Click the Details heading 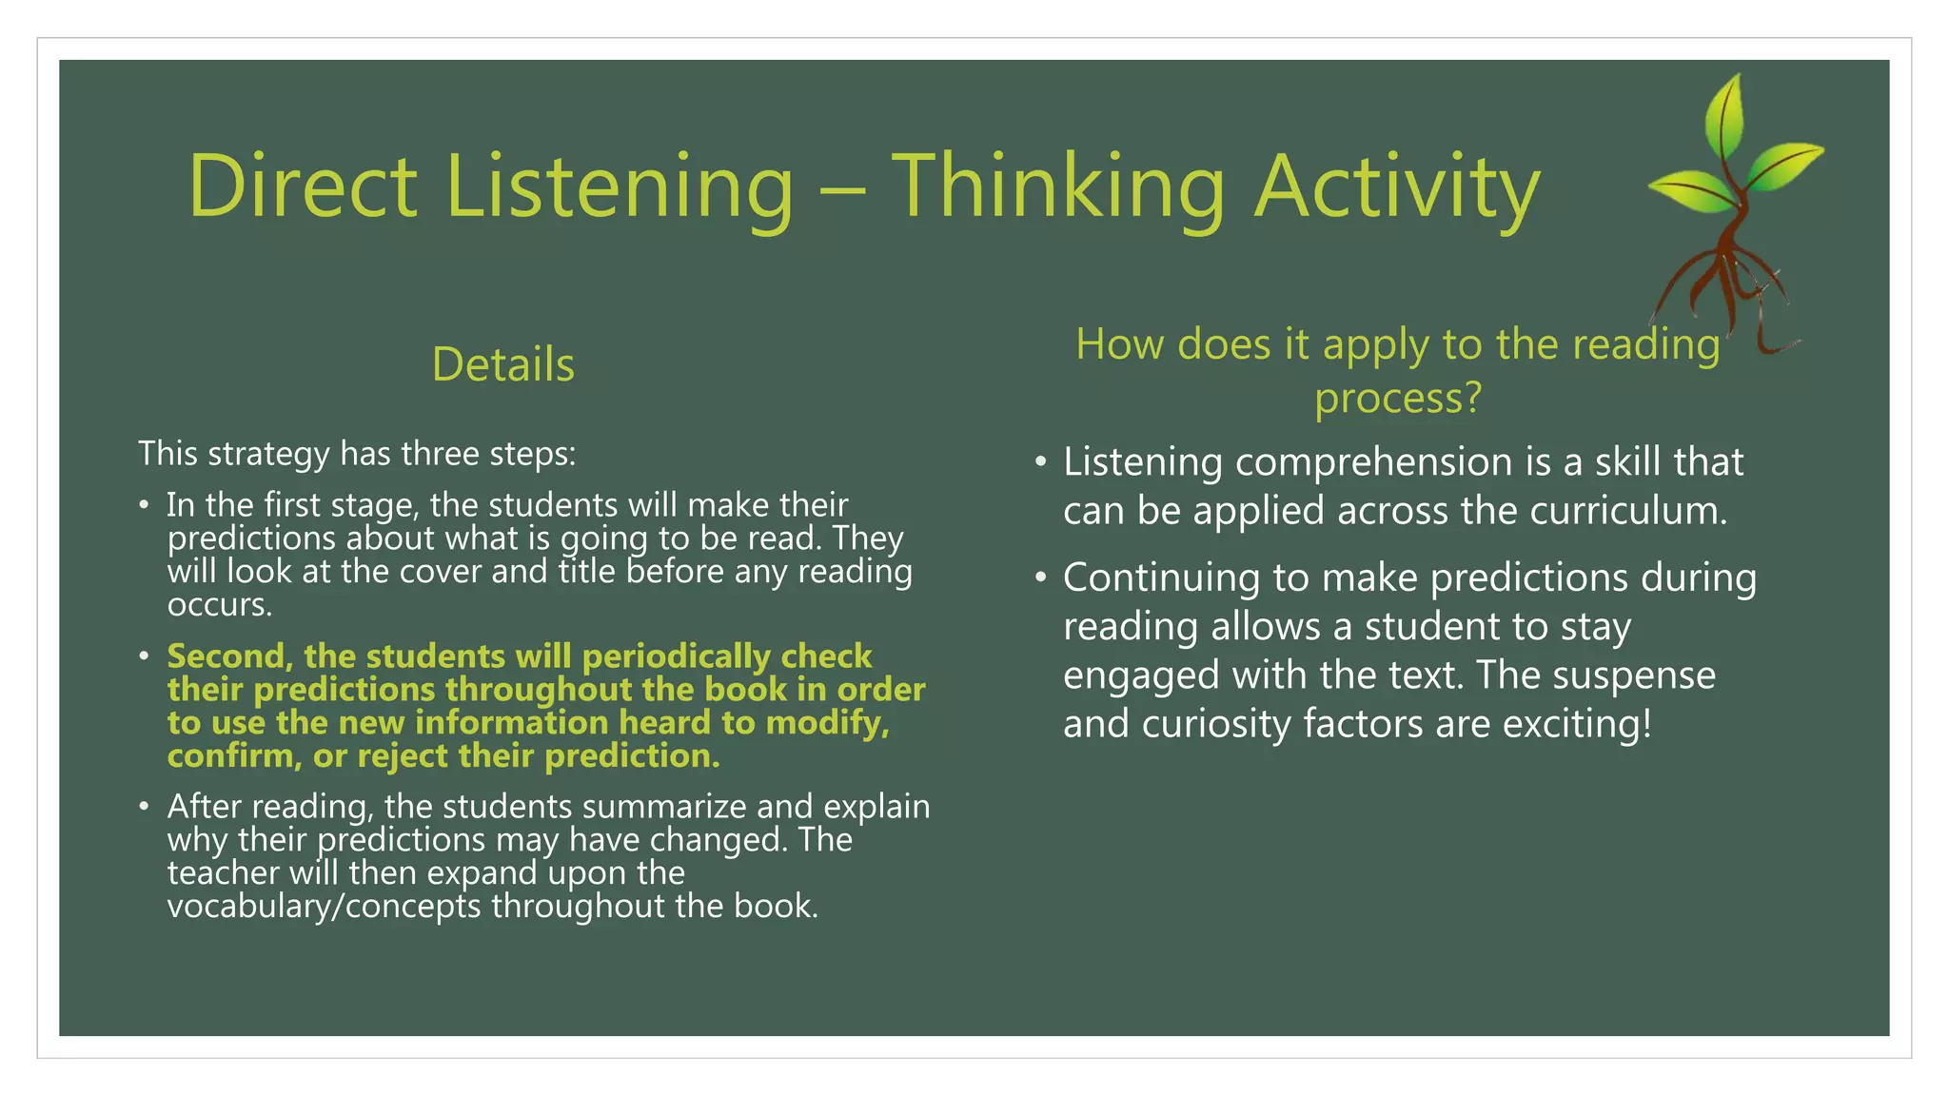tap(502, 364)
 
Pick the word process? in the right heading tap(1398, 397)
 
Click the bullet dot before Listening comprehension tap(1040, 462)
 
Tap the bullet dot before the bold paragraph tap(144, 656)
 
